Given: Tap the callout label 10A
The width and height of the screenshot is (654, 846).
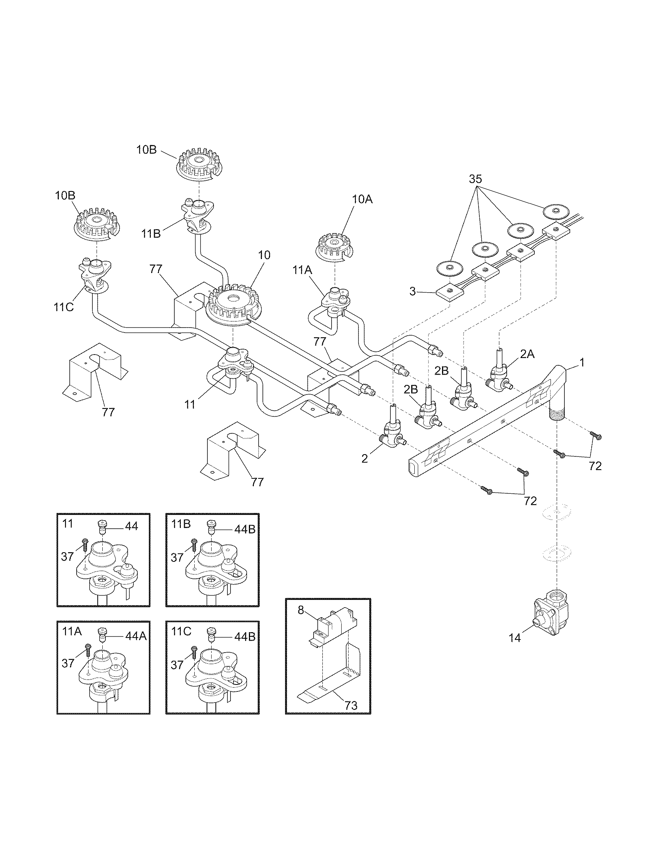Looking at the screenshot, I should tap(362, 200).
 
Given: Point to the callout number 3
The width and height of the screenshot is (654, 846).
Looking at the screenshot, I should tap(413, 291).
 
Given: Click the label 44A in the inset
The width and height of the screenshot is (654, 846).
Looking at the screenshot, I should tap(135, 636).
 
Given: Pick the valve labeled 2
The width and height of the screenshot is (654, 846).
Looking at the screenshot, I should tap(392, 435).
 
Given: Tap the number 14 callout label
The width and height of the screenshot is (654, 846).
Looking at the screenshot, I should tap(514, 638).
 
